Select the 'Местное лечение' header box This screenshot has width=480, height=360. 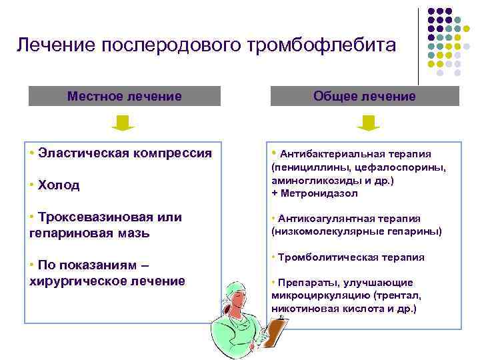125,96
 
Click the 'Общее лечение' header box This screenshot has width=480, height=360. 365,96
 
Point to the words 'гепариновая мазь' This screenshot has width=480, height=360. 90,233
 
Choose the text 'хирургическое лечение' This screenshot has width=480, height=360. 107,281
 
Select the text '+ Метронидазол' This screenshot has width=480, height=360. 315,193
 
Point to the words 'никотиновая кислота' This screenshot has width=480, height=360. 323,309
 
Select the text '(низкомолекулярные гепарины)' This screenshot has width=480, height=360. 357,231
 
